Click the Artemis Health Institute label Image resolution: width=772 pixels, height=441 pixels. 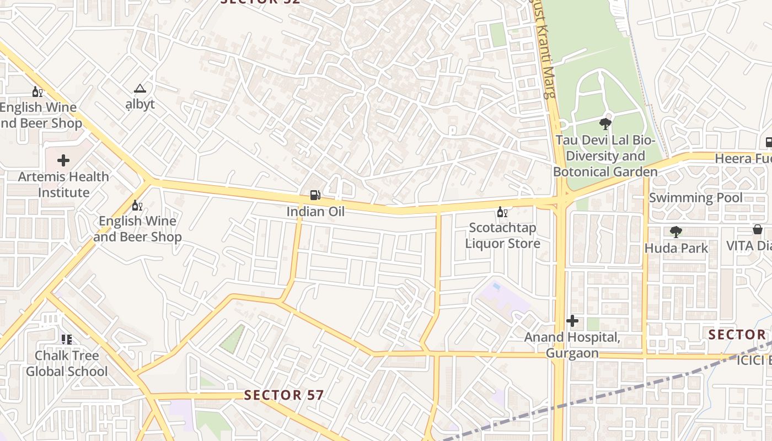click(63, 185)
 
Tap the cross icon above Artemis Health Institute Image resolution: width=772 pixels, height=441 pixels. click(63, 161)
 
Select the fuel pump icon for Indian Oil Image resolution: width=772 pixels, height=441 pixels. click(315, 195)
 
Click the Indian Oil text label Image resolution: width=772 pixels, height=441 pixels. click(315, 212)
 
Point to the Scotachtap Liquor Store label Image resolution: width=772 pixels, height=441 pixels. click(502, 235)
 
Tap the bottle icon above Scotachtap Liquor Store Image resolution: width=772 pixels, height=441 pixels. click(502, 212)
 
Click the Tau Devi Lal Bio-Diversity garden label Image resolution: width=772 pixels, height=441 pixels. click(605, 156)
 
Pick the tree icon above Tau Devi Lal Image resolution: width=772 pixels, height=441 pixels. click(605, 124)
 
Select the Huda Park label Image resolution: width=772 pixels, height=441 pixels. click(676, 248)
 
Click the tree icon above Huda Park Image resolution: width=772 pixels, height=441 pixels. click(675, 232)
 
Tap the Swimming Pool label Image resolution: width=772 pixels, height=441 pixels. click(695, 197)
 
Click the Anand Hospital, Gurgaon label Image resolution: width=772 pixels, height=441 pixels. click(572, 345)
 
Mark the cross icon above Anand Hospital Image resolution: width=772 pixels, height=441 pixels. click(572, 321)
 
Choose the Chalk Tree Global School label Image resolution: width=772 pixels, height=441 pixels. click(67, 363)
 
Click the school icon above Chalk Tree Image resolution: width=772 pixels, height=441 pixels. click(67, 340)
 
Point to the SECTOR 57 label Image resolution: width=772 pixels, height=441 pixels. click(283, 395)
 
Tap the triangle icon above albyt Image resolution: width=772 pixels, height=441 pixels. click(140, 88)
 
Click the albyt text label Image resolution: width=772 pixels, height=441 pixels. click(140, 104)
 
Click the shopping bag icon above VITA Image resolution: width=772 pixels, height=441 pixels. click(758, 229)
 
